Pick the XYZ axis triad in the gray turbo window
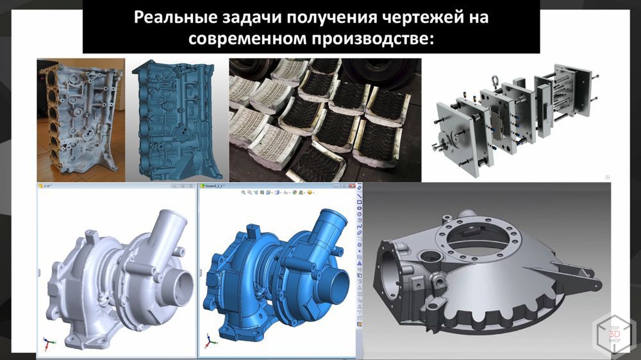coord(48,343)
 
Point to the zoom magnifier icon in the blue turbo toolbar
coord(244,192)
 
